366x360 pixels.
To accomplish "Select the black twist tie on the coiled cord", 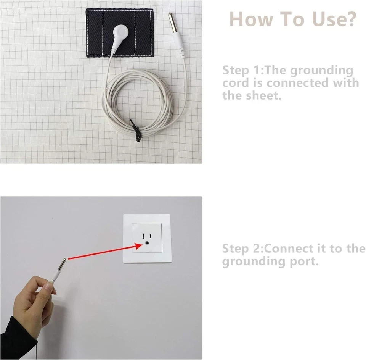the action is coord(136,131).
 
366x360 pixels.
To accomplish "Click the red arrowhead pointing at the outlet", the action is coord(138,246).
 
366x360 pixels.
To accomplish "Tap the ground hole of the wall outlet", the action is coord(147,243).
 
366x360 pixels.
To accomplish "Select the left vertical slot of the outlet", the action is coord(143,236).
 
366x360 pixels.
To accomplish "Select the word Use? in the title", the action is coord(334,19).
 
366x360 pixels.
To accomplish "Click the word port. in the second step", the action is coord(304,262).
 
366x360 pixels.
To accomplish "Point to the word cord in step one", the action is coord(236,83).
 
